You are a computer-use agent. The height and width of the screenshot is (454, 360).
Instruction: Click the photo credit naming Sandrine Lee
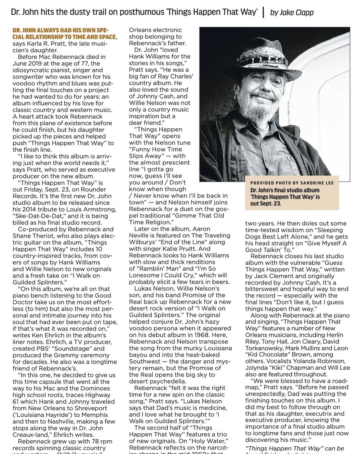click(x=292, y=183)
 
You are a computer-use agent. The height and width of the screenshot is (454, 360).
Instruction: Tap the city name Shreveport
click(x=90, y=408)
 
